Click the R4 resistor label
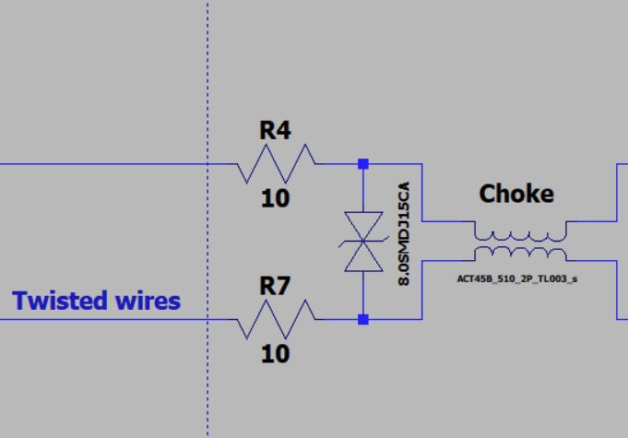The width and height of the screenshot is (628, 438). point(275,131)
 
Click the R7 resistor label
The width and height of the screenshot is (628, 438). point(275,287)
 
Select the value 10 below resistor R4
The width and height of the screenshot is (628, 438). point(275,197)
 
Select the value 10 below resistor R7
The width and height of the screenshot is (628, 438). point(275,353)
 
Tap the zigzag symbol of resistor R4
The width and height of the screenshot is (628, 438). point(275,164)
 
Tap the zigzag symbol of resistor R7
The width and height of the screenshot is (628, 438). point(275,320)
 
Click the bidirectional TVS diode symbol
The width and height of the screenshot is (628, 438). point(363,242)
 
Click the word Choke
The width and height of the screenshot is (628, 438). point(516,194)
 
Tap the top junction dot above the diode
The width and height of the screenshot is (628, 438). point(363,164)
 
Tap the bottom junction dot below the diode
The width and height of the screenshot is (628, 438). point(363,320)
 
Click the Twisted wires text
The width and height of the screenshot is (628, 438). point(97,301)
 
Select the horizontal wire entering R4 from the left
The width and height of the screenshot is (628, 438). point(111,164)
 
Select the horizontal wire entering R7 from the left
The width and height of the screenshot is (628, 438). point(111,320)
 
